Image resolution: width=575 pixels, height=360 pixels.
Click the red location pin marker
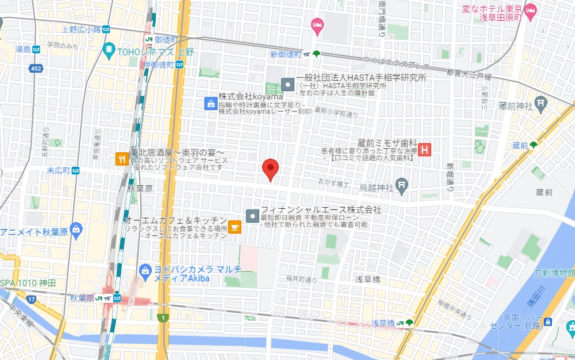point(271,168)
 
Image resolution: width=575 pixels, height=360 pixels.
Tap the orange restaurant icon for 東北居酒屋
point(122,159)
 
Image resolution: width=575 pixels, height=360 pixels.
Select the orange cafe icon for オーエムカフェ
point(234,227)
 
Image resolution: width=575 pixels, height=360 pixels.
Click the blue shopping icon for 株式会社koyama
point(211,104)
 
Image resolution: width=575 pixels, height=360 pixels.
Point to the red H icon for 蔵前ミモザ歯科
point(425,150)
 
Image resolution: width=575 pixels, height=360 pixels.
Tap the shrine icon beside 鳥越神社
point(402,186)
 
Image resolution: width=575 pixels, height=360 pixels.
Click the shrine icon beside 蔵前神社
point(540,104)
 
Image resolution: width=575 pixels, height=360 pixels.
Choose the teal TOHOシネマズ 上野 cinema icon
point(109,51)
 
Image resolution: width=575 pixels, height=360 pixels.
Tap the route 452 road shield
point(37,69)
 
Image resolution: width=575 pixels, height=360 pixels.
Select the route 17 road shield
point(31,299)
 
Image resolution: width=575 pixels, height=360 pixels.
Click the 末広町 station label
point(58,171)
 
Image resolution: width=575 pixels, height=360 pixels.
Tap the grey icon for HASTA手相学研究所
point(287,83)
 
